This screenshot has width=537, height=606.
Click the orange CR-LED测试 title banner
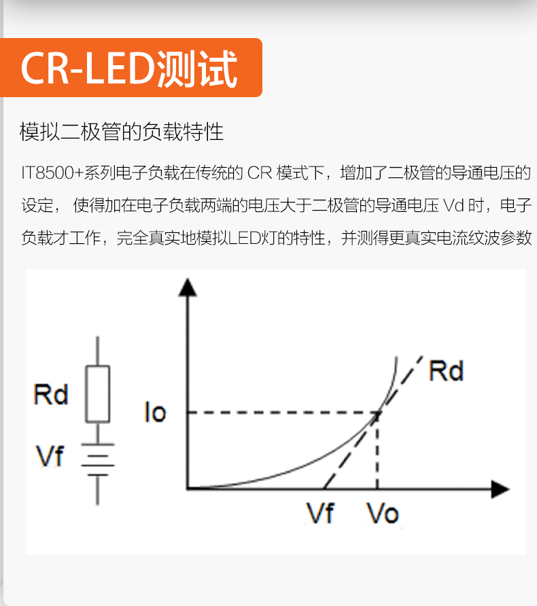point(131,68)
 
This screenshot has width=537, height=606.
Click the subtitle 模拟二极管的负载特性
point(122,131)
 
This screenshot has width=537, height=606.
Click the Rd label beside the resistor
point(51,394)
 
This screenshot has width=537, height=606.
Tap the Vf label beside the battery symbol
point(50,456)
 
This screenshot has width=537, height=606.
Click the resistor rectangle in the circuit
point(97,394)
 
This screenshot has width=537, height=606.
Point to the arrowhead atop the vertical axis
point(187,287)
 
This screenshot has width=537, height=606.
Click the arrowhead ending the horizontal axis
point(500,488)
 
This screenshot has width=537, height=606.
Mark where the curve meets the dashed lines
point(377,412)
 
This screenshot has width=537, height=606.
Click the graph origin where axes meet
point(188,488)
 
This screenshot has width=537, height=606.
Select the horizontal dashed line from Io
point(279,412)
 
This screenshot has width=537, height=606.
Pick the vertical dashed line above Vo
point(377,452)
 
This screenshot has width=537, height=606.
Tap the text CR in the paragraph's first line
point(259,173)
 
